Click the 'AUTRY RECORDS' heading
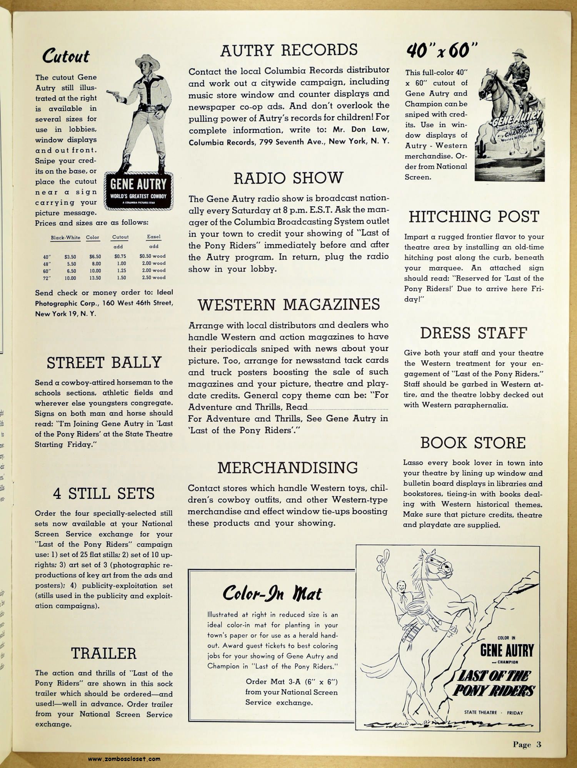(x=289, y=50)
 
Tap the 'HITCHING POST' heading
(x=474, y=217)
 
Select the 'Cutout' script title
(x=66, y=56)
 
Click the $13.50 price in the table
(x=95, y=278)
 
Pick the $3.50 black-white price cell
(x=70, y=257)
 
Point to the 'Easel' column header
(x=153, y=237)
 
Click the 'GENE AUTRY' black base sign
(x=138, y=191)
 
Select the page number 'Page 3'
(x=527, y=745)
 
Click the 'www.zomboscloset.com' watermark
(x=124, y=759)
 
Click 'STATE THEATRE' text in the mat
(x=480, y=712)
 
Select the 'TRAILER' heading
(x=104, y=654)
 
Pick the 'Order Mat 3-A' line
(x=291, y=682)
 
